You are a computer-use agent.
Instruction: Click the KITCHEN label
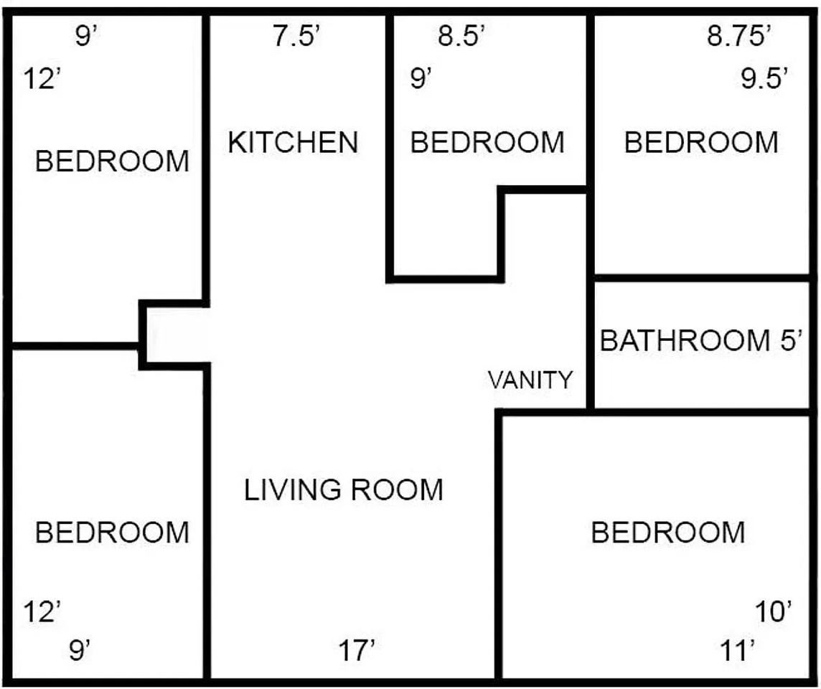point(294,142)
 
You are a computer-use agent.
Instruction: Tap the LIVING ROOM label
point(344,490)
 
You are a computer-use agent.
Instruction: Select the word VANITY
point(530,380)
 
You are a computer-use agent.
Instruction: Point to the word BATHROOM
point(685,340)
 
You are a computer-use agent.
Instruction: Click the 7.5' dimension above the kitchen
point(296,37)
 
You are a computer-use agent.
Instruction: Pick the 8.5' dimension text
point(462,37)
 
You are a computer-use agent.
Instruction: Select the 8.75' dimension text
point(738,37)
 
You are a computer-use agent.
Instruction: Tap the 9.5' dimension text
point(764,79)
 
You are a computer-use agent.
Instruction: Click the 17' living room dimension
point(357,651)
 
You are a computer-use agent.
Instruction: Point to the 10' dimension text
point(774,611)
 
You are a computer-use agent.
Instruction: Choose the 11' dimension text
point(738,651)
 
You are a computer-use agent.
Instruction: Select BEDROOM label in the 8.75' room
point(702,142)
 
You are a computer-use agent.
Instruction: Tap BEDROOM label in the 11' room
point(668,533)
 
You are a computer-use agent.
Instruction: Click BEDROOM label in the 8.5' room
point(487,142)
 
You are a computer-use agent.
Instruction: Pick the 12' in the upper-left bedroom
point(42,80)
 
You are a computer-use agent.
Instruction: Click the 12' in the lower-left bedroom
point(42,611)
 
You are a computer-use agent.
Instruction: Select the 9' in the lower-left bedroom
point(80,651)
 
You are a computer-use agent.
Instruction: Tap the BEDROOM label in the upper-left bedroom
point(112,161)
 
